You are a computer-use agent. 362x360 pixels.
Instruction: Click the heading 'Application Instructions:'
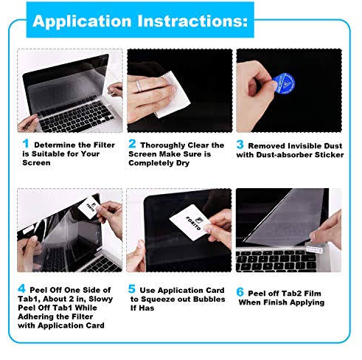[140, 20]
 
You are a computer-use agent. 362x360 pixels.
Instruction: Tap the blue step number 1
[26, 144]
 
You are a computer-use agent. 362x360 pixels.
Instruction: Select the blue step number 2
[133, 144]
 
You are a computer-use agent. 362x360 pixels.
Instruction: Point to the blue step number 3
[240, 145]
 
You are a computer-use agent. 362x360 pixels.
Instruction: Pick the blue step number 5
[133, 289]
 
